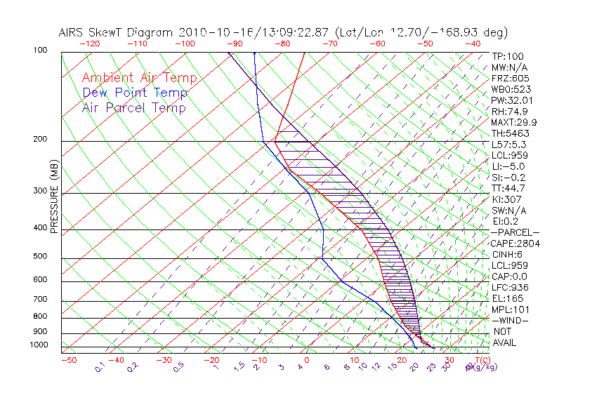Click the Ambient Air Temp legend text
pyautogui.click(x=140, y=78)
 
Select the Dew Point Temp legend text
pyautogui.click(x=135, y=93)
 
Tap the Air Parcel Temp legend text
pyautogui.click(x=134, y=107)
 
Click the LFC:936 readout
pyautogui.click(x=510, y=287)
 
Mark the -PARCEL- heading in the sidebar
pyautogui.click(x=515, y=232)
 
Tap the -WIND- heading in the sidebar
pyautogui.click(x=510, y=320)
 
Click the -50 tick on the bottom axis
pyautogui.click(x=68, y=360)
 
